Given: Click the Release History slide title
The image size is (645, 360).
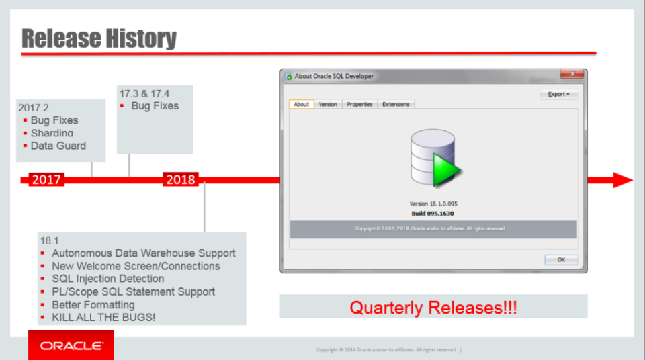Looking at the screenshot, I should [99, 38].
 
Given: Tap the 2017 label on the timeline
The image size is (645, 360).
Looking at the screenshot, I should [46, 180].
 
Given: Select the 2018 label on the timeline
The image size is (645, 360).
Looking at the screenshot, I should [180, 180].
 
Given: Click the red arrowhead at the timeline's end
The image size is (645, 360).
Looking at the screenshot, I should [622, 180].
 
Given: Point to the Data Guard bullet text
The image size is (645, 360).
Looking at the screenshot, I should [58, 146].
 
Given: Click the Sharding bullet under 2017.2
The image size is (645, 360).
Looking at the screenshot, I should [52, 133].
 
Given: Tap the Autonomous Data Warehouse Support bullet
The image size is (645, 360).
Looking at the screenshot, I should [143, 253].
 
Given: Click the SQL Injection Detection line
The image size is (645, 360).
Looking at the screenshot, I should [107, 279].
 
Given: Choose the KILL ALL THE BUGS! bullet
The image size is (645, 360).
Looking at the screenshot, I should [103, 317].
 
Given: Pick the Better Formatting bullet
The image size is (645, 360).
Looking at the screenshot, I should [93, 304].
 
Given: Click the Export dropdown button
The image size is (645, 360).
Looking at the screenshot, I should [558, 95].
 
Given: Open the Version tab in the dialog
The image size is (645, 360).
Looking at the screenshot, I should [328, 105].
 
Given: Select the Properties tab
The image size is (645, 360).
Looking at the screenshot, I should [359, 105].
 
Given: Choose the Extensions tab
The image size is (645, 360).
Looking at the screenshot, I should [396, 105].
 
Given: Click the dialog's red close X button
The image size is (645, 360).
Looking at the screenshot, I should [572, 75].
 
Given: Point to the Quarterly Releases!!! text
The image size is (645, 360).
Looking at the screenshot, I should [433, 308].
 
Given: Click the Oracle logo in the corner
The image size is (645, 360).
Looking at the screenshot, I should [71, 346].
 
